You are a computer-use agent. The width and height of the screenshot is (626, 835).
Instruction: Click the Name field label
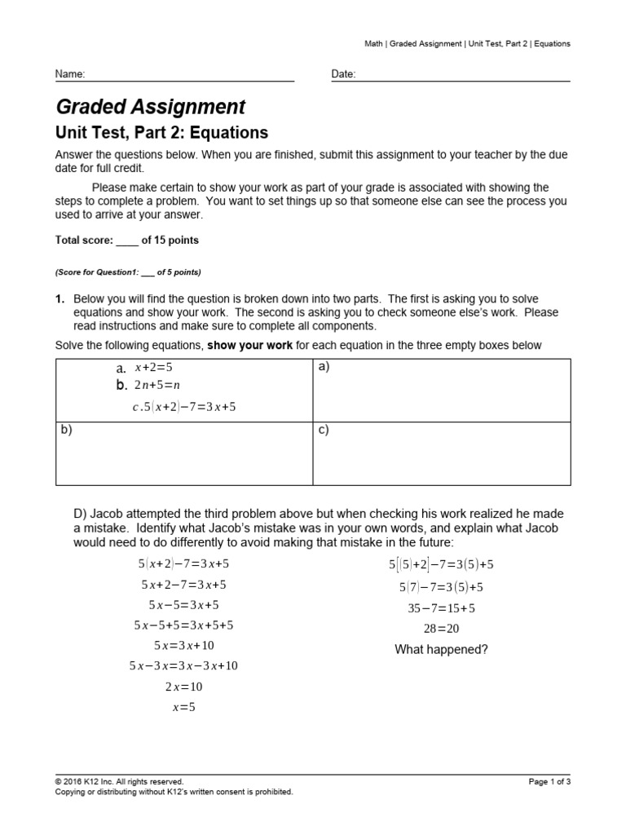tap(69, 74)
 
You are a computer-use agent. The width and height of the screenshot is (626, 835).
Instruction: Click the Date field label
tap(343, 74)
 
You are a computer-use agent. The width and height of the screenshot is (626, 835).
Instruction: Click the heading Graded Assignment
tap(150, 107)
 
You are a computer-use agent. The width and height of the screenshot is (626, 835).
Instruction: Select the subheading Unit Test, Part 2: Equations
tap(161, 132)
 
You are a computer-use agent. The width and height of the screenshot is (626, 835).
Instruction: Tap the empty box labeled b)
tap(183, 453)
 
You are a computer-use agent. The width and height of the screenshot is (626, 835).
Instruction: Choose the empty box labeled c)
tap(441, 453)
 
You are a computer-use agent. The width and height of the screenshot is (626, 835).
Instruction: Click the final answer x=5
tap(184, 707)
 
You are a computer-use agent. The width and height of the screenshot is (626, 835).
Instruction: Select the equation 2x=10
tap(183, 687)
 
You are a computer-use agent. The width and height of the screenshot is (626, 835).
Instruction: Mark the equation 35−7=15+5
tap(441, 607)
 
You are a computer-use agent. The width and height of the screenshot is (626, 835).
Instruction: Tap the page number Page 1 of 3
tap(549, 781)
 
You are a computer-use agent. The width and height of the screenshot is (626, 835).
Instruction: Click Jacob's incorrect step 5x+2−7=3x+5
tap(183, 585)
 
